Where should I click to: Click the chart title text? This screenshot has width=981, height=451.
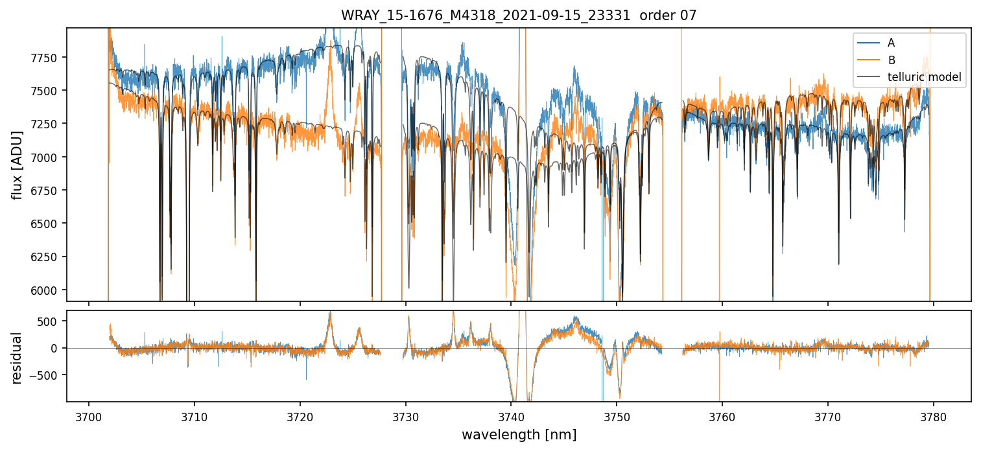tap(519, 16)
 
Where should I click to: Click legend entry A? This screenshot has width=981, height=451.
tap(891, 43)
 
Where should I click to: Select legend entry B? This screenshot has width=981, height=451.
tap(891, 60)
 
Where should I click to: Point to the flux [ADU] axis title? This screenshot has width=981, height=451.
tap(18, 165)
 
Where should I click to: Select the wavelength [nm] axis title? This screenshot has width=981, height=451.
tap(519, 435)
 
